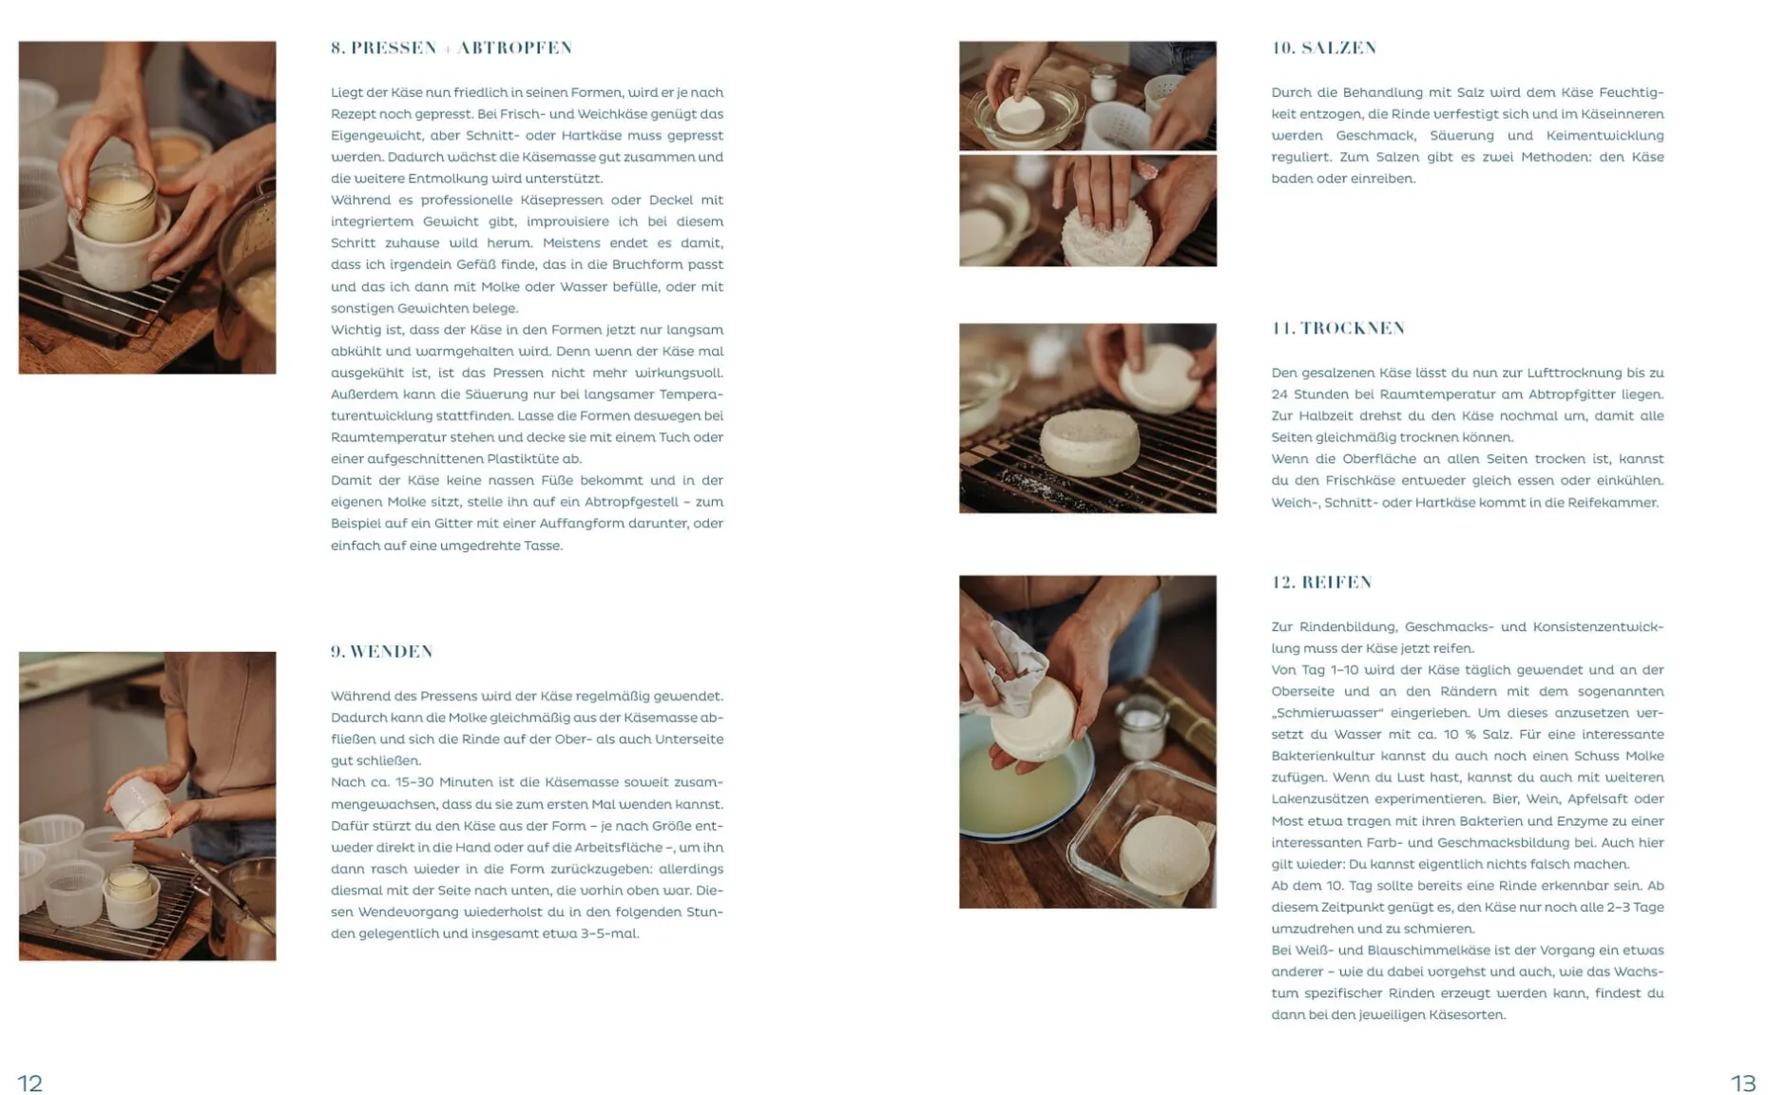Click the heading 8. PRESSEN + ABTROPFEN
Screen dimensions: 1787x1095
click(452, 48)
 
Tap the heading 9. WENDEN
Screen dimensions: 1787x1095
click(382, 651)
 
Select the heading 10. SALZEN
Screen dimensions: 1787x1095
click(1324, 48)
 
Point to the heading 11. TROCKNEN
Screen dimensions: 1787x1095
click(1338, 328)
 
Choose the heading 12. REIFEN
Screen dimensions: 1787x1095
click(1322, 582)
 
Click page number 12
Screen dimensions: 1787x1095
click(30, 1083)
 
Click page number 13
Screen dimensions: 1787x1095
click(1743, 1083)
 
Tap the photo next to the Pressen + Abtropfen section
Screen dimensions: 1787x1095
click(147, 207)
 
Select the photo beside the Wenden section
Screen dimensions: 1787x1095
click(147, 806)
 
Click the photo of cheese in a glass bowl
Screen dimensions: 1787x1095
click(1087, 95)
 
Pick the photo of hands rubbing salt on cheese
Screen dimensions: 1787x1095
click(1087, 211)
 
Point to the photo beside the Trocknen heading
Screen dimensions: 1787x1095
click(1087, 418)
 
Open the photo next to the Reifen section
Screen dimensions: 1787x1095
click(1087, 741)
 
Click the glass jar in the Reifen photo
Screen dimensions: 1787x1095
click(1143, 727)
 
